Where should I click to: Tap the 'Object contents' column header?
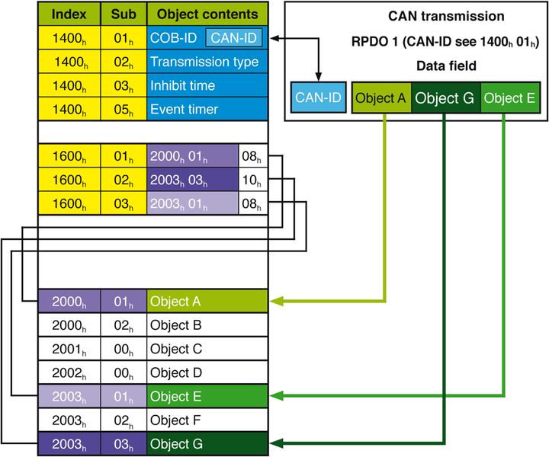pyautogui.click(x=207, y=14)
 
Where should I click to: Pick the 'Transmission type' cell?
pyautogui.click(x=207, y=62)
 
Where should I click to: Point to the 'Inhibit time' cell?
pyautogui.click(x=207, y=85)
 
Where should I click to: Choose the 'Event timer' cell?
pyautogui.click(x=207, y=109)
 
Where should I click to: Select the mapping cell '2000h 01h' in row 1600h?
pyautogui.click(x=192, y=158)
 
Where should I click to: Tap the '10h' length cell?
pyautogui.click(x=253, y=181)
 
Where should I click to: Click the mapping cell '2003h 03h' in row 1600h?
pyautogui.click(x=192, y=181)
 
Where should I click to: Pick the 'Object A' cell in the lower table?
pyautogui.click(x=207, y=302)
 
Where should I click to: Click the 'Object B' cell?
pyautogui.click(x=207, y=325)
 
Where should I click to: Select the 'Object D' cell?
pyautogui.click(x=207, y=372)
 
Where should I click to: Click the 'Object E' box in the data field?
pyautogui.click(x=509, y=97)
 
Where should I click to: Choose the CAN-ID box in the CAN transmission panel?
pyautogui.click(x=319, y=97)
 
